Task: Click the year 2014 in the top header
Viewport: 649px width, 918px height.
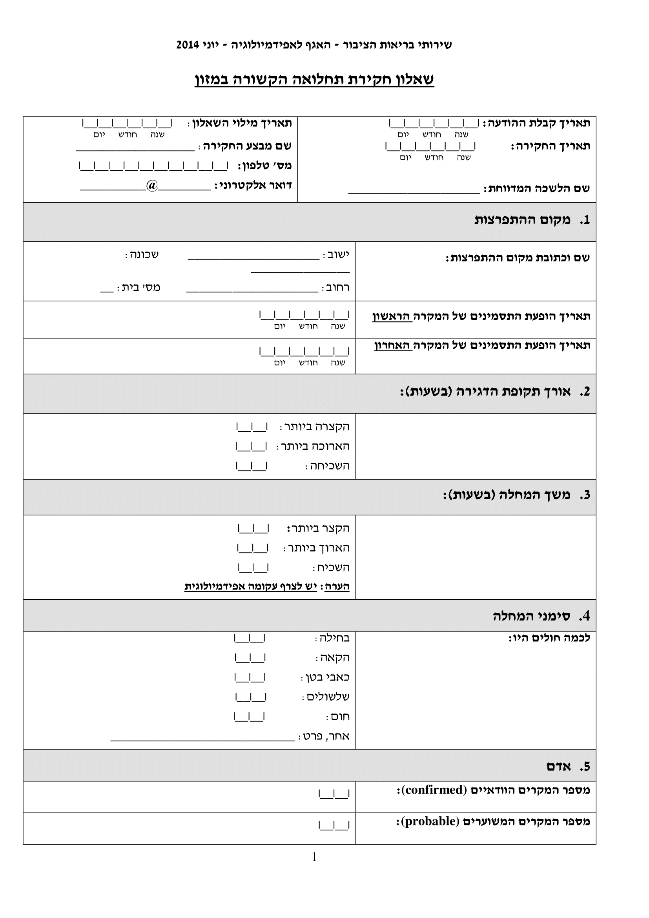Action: [x=188, y=45]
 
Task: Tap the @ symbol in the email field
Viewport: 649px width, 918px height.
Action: [x=152, y=186]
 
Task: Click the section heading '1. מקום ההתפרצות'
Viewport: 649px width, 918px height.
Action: [x=532, y=220]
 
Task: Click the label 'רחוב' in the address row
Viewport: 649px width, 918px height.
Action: [x=338, y=287]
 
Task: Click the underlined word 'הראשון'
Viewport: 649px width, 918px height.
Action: [x=392, y=317]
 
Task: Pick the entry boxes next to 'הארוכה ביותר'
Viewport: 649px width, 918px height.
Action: [x=252, y=447]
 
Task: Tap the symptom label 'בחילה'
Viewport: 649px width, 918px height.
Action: [x=334, y=638]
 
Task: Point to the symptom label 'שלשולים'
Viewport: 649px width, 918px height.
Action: [x=328, y=697]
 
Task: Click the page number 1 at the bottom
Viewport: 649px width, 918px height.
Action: [x=314, y=857]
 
